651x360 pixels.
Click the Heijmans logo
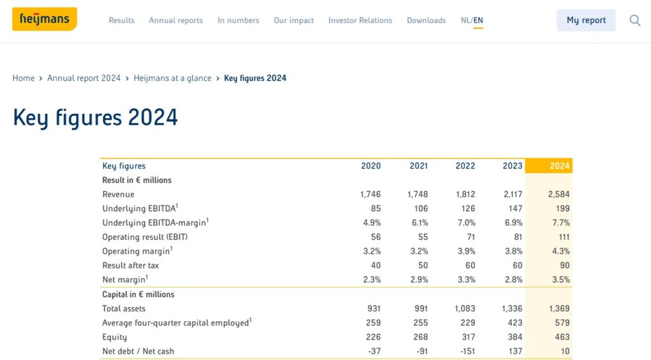(45, 19)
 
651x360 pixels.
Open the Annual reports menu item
(175, 20)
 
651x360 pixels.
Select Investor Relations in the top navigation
(360, 20)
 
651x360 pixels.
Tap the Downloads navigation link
(427, 20)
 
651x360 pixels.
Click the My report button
(586, 20)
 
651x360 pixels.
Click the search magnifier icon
(635, 20)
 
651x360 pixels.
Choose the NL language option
(465, 20)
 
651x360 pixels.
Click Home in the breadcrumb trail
(24, 78)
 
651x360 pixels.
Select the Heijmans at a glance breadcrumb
(172, 78)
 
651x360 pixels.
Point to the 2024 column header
(559, 165)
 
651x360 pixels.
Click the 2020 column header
(371, 165)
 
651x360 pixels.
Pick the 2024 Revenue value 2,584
(558, 195)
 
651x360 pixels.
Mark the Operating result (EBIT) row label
(145, 237)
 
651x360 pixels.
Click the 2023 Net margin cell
(514, 279)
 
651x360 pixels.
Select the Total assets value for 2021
(421, 308)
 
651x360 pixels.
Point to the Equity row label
(114, 337)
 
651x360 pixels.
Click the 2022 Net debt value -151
(469, 351)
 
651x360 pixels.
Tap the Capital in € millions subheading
(138, 294)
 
